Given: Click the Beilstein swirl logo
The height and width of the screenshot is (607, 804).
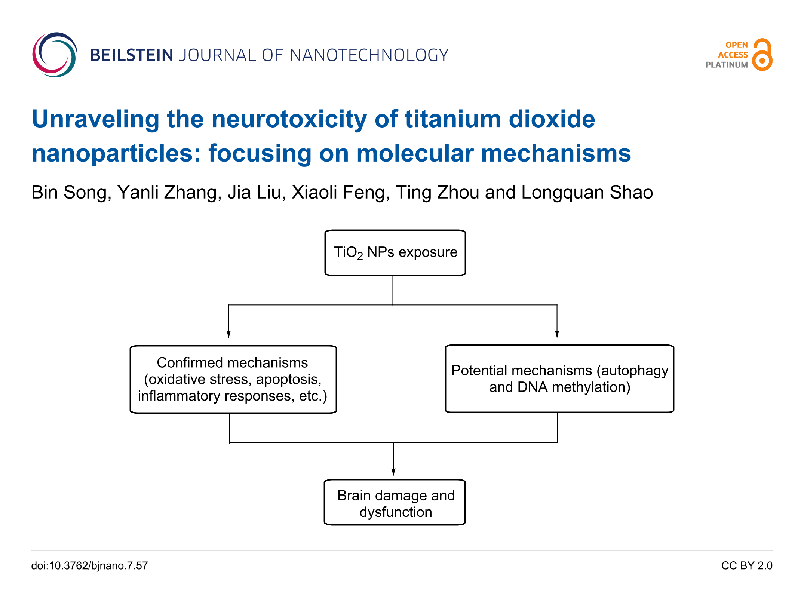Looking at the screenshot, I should tap(55, 55).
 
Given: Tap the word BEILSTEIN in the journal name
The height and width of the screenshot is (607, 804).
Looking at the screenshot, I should tap(131, 55).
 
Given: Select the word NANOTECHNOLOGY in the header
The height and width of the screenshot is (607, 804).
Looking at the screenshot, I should tap(369, 55).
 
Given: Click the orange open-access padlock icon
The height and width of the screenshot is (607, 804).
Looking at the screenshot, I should tap(762, 55).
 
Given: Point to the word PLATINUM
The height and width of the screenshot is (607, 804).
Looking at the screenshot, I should tap(726, 65).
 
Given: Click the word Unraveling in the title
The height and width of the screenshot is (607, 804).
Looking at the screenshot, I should tap(96, 119).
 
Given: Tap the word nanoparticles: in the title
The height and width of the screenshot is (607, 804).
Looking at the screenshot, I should tap(116, 153).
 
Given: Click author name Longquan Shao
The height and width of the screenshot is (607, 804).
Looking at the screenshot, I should tap(587, 192).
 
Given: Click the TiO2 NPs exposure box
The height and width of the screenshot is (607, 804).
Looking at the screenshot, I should tap(395, 253).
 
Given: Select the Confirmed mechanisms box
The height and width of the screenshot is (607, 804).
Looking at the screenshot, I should tap(233, 379).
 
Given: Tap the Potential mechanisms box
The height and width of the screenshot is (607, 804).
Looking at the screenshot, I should tap(559, 378).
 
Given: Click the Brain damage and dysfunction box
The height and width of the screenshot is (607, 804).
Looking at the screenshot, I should tap(395, 502).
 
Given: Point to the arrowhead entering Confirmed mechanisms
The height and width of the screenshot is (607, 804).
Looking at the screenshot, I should tap(228, 334).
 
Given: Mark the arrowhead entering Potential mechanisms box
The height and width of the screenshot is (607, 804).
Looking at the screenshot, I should tap(557, 334).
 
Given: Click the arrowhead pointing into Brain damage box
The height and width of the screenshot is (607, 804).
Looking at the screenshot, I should tap(393, 472).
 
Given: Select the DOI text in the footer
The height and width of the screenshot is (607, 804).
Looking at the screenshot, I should tap(89, 565).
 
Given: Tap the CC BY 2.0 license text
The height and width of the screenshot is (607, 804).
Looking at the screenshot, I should tap(746, 565).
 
